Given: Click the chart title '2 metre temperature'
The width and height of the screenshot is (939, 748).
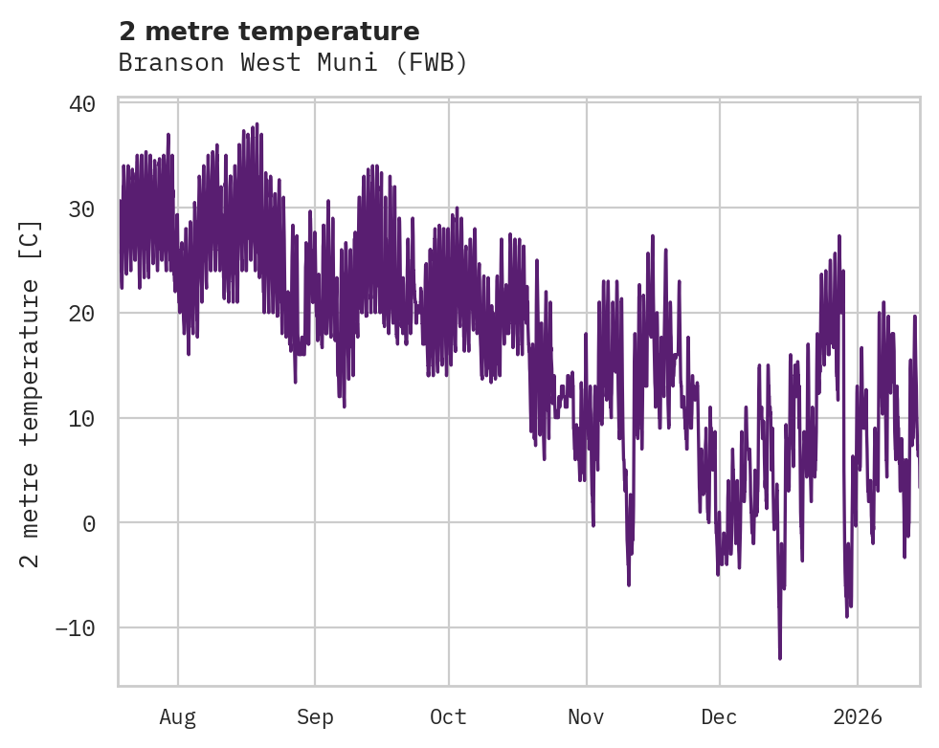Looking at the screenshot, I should pos(269,32).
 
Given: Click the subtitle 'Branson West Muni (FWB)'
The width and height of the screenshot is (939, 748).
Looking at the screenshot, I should pos(293,63).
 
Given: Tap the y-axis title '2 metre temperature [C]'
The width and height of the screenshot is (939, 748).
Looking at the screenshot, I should pos(32,394).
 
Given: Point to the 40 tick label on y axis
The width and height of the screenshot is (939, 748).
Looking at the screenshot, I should pos(81,103).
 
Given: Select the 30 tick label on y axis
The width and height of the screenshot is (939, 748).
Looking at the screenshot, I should pos(81,209).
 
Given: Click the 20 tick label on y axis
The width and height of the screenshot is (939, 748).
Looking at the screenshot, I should pos(81,314).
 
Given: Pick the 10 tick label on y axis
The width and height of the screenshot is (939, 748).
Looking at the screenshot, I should pos(81,418).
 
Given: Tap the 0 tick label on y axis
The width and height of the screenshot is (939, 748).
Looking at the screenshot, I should pos(88,523).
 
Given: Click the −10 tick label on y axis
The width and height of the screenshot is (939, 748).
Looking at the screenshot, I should pos(75,628).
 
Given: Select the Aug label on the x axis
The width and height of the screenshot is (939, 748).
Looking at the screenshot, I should pos(177,717).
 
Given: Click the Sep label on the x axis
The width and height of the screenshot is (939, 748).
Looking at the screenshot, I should pos(314,717).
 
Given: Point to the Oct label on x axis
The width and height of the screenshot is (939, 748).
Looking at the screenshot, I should pos(448,717).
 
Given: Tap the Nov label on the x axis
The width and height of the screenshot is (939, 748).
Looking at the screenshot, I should pos(586,717).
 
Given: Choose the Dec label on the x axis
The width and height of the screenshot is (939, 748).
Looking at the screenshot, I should pos(719,717).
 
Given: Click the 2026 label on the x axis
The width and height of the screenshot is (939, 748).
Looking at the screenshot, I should pos(858,717).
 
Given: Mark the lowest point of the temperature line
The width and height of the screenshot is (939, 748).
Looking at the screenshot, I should pos(780,658).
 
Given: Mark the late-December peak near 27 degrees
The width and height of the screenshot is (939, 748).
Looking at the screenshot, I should pos(839,235).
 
